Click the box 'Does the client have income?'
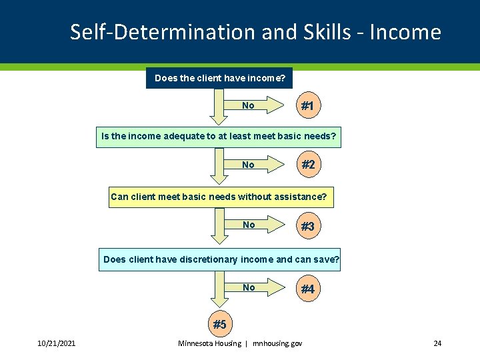point(219,78)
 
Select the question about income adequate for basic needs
point(219,137)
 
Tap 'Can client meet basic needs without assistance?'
point(219,197)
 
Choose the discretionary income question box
point(221,259)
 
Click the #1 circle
point(307,106)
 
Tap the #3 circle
point(307,226)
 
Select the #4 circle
point(307,289)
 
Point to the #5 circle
point(219,325)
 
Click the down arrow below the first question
point(219,107)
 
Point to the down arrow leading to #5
point(219,290)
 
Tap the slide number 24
point(437,343)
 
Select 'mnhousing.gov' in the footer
point(277,343)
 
